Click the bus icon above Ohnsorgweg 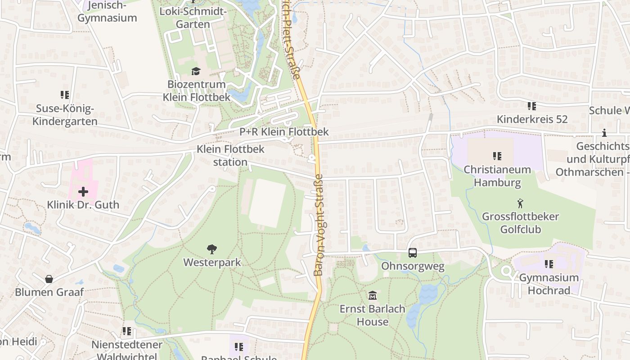click(413, 253)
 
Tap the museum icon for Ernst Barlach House click(373, 296)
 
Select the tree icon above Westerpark click(212, 249)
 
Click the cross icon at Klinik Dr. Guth click(83, 192)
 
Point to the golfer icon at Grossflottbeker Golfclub click(521, 203)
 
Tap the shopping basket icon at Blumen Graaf click(49, 279)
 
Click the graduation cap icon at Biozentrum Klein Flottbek click(196, 71)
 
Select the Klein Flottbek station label click(230, 155)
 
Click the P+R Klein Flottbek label click(284, 132)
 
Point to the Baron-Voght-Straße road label click(319, 225)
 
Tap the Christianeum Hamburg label click(497, 176)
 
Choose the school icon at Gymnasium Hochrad click(549, 264)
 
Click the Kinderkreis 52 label click(532, 119)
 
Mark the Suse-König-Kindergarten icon click(65, 95)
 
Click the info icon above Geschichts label click(604, 133)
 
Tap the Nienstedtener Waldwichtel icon click(127, 332)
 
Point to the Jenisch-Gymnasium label click(107, 12)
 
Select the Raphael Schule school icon click(238, 346)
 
